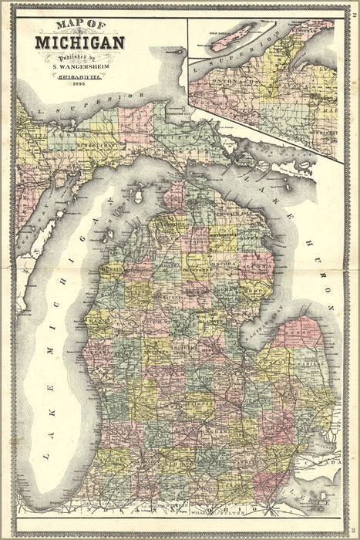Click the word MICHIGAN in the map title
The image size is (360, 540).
pos(79,41)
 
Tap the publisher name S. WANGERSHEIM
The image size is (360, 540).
pos(79,66)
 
